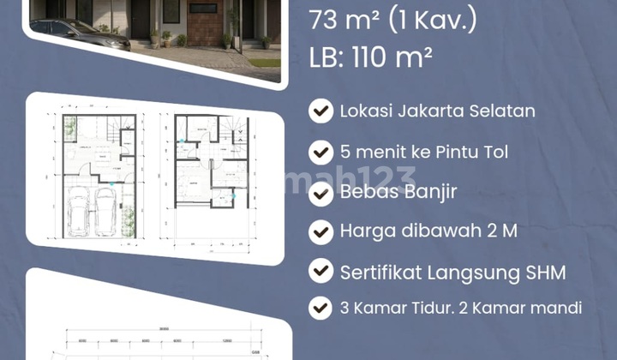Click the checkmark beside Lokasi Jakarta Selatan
coord(320,111)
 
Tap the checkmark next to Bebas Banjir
coord(320,192)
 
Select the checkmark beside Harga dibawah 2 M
coord(320,232)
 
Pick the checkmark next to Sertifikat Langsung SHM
coord(320,273)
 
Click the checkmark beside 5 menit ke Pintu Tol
coord(320,153)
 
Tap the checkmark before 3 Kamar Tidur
coord(320,308)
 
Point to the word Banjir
coord(439,192)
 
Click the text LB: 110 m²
coord(369,57)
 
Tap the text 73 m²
coord(344,20)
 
